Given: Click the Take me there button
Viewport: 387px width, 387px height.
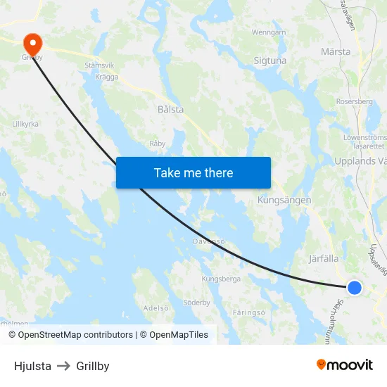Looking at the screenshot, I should coord(193,172).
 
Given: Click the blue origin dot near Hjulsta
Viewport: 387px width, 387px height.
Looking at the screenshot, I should coord(355,287).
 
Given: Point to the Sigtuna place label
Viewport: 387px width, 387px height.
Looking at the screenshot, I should coord(270,61).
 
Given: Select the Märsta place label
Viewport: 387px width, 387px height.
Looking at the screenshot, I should coord(335,52).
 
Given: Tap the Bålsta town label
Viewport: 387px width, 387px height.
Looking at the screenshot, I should coord(171,110).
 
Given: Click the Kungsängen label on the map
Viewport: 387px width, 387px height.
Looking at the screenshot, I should coord(284,200).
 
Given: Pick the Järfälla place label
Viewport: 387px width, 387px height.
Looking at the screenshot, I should coord(324,258).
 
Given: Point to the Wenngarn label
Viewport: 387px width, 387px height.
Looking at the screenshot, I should coord(269,32).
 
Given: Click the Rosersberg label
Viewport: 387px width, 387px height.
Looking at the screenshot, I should coord(355,101).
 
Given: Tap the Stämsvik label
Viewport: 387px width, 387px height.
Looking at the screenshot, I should coord(99,65).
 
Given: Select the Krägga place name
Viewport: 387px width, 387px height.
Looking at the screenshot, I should coord(107,77).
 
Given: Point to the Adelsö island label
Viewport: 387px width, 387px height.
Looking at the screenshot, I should coord(156,307).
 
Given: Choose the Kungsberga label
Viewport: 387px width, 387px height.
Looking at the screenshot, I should coord(221,279).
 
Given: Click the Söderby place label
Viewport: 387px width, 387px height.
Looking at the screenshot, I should coord(196,303).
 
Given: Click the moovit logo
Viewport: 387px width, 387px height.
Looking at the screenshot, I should coord(345,364).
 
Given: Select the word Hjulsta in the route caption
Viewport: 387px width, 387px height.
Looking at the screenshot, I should coord(32,366).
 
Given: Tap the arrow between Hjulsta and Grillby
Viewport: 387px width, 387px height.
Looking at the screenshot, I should coord(64,366).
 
